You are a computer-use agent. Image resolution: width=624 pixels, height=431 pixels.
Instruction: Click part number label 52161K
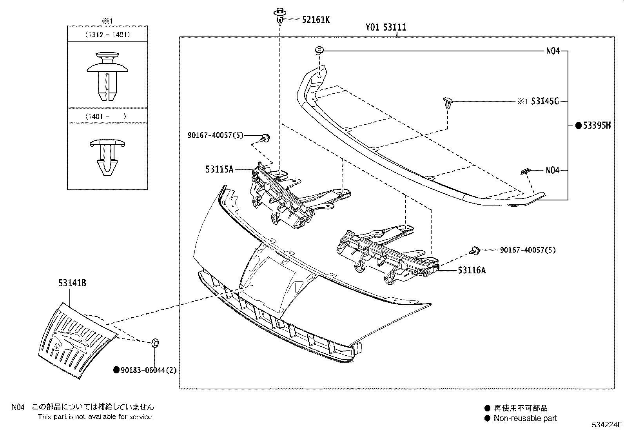[x=316, y=19]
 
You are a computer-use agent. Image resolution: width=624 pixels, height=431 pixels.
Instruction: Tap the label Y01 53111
[x=386, y=27]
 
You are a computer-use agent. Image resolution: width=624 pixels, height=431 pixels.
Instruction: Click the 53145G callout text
[x=544, y=102]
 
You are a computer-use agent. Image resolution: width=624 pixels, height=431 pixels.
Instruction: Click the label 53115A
[x=219, y=169]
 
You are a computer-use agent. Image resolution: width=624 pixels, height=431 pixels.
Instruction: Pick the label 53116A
[x=472, y=270]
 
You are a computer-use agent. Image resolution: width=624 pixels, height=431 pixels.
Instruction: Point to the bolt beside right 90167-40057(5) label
[x=475, y=250]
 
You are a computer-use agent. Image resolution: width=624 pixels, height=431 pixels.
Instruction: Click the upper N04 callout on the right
[x=553, y=51]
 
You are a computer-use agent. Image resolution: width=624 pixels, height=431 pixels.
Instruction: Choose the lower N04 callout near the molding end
[x=553, y=170]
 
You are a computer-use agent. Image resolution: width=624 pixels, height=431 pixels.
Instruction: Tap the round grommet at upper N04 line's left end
[x=319, y=50]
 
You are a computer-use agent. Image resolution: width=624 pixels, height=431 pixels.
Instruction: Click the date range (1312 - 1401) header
[x=107, y=35]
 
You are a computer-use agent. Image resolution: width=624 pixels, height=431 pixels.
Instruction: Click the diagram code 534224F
[x=607, y=424]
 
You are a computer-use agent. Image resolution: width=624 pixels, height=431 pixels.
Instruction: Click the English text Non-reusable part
[x=525, y=418]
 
